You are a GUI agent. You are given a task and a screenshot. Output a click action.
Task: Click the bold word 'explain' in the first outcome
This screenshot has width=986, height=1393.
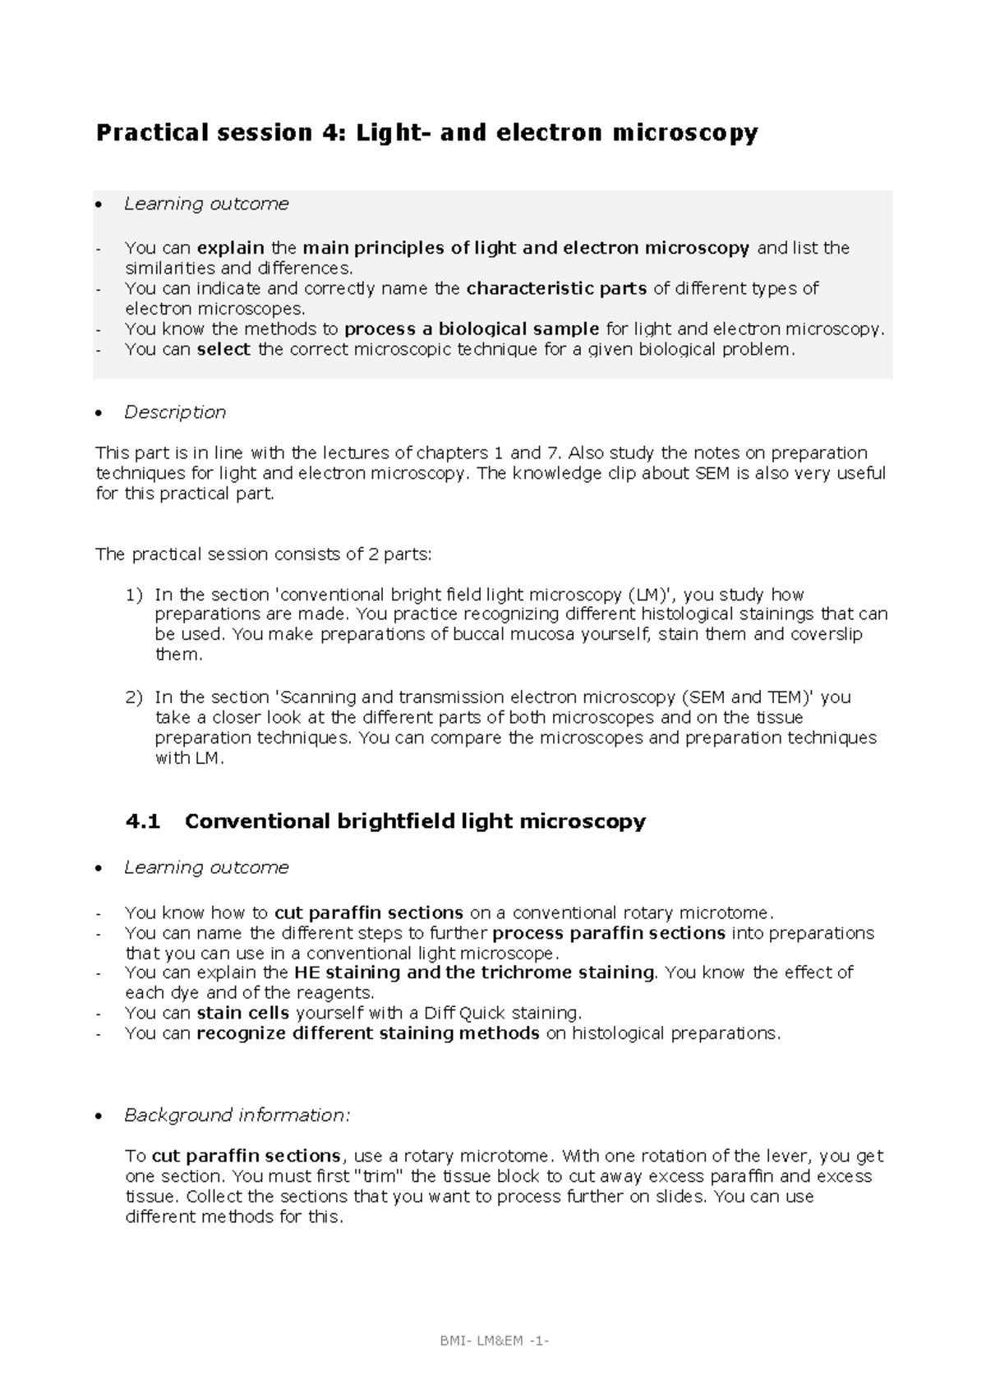pyautogui.click(x=231, y=248)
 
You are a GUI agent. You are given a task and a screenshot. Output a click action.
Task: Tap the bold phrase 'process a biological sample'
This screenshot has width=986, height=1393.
pyautogui.click(x=472, y=329)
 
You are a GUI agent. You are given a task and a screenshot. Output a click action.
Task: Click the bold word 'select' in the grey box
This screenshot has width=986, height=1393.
pyautogui.click(x=223, y=349)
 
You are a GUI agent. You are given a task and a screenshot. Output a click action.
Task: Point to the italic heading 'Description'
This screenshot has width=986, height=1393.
pyautogui.click(x=174, y=412)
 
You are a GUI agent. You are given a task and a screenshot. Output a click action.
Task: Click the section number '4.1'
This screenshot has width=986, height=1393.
pyautogui.click(x=143, y=821)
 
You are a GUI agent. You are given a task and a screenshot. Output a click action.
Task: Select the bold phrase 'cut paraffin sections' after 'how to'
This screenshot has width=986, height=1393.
pyautogui.click(x=369, y=913)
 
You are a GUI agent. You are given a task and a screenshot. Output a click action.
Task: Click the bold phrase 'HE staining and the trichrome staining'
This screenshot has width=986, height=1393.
pyautogui.click(x=473, y=972)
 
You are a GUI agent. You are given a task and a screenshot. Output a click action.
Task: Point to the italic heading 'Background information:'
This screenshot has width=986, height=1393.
pyautogui.click(x=237, y=1115)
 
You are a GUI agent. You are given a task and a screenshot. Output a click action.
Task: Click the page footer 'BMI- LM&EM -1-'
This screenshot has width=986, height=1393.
pyautogui.click(x=493, y=1342)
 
